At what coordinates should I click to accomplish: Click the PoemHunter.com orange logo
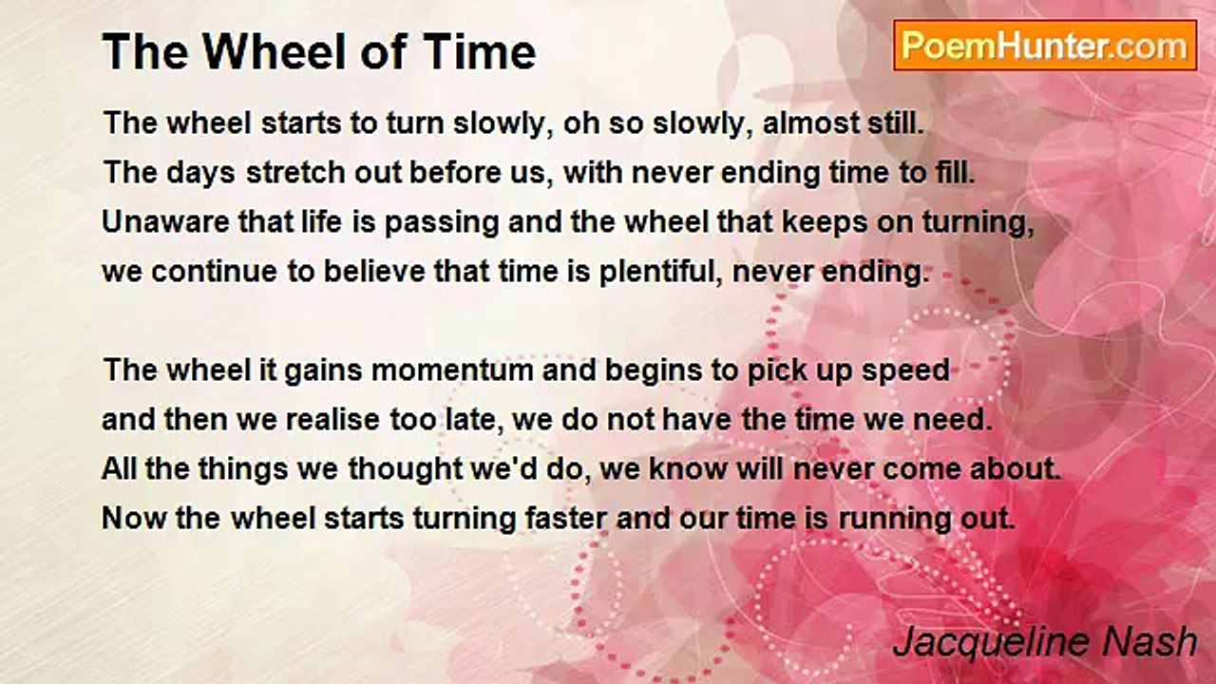[x=1045, y=46]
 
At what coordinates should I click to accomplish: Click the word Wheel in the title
[x=275, y=51]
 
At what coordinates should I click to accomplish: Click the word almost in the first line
[x=807, y=123]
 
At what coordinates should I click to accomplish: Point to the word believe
[x=374, y=272]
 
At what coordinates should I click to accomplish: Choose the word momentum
[x=452, y=370]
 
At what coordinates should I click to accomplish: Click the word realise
[x=332, y=420]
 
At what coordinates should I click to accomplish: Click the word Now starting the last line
[x=134, y=519]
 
